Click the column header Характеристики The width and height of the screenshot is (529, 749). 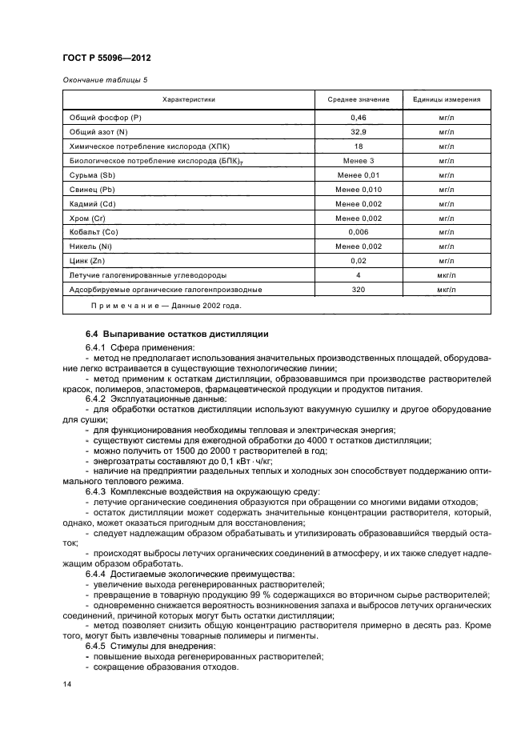tap(188, 100)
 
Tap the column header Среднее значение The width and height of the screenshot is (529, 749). tap(359, 100)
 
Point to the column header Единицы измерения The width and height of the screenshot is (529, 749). tap(447, 100)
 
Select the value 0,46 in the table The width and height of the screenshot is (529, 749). tap(359, 117)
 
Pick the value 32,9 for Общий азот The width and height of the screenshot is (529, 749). tap(359, 131)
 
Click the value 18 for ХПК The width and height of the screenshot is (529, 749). tap(359, 146)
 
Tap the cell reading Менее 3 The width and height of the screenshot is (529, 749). tap(359, 160)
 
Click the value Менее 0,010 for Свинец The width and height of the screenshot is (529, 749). tap(359, 189)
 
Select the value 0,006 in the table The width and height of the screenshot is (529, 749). tap(359, 232)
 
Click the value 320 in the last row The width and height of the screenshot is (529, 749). tap(359, 290)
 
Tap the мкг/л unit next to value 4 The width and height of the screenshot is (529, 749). tap(447, 275)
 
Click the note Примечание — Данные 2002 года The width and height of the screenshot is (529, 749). tap(164, 306)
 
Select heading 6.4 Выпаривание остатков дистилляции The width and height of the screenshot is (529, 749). tap(177, 333)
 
